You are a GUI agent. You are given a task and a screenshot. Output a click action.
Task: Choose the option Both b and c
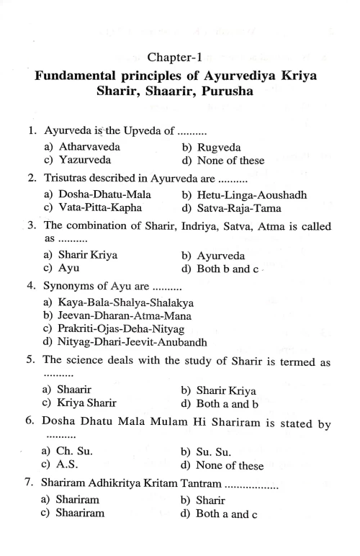coord(233,269)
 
